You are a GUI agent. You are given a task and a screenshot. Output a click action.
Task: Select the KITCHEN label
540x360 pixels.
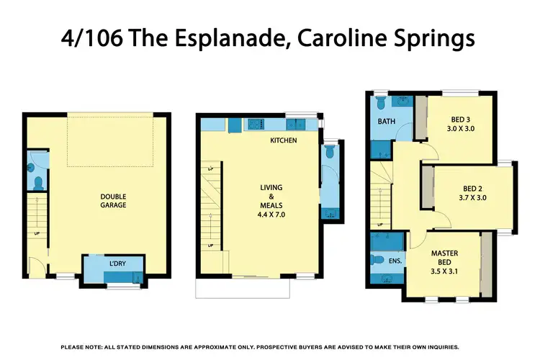[283, 140]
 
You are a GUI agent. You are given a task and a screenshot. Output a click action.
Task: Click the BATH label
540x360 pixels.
[387, 121]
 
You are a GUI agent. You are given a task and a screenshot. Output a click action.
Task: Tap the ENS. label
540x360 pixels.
[395, 261]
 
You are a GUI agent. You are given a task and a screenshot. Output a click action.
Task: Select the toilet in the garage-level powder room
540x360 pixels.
[32, 167]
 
